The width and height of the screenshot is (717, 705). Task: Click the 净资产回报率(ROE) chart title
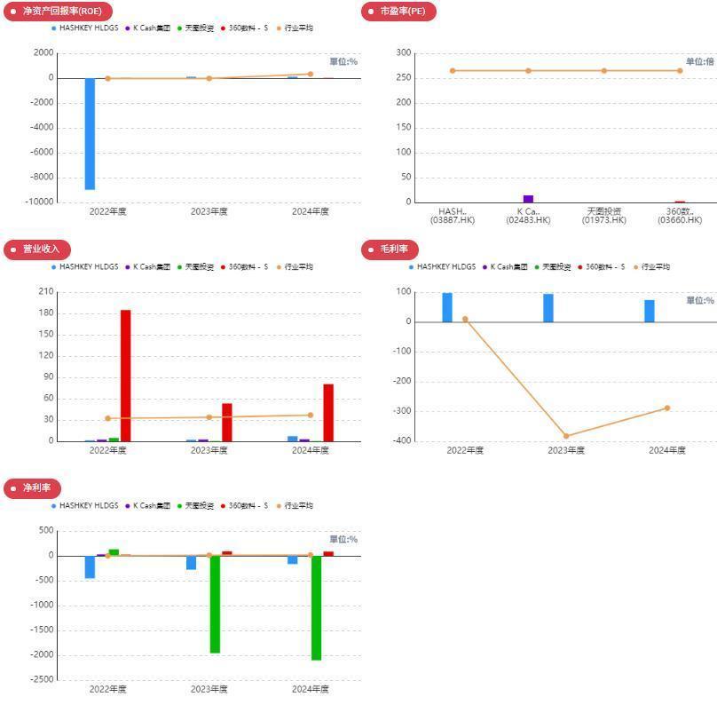point(61,12)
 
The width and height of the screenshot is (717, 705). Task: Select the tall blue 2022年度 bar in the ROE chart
point(90,133)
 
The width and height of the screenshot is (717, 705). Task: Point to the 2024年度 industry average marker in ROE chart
point(311,75)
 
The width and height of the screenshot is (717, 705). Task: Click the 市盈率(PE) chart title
point(401,12)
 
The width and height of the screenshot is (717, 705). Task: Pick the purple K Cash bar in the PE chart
point(528,199)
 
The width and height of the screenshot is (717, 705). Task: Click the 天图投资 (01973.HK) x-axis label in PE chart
point(604,216)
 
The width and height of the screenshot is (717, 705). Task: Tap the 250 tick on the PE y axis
point(404,78)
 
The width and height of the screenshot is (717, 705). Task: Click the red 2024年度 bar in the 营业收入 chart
point(328,412)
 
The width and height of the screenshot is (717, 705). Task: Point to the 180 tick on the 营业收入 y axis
point(44,313)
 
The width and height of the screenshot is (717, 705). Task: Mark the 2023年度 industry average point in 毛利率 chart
point(566,436)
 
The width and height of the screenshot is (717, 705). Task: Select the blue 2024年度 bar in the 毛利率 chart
point(650,311)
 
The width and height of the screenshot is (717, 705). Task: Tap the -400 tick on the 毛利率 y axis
point(402,440)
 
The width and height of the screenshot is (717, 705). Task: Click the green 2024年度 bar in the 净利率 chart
point(316,607)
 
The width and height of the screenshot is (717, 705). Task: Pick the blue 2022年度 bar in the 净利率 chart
point(90,566)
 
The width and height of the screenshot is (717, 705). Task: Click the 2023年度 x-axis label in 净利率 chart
point(209,689)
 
